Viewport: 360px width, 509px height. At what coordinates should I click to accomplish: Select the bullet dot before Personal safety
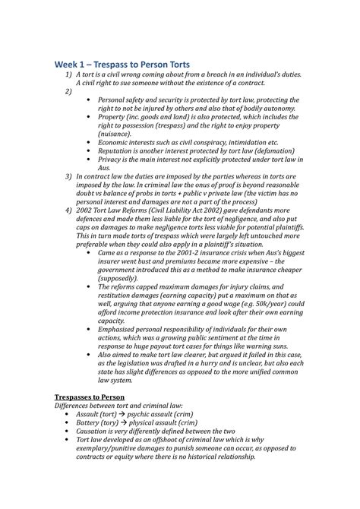point(91,100)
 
